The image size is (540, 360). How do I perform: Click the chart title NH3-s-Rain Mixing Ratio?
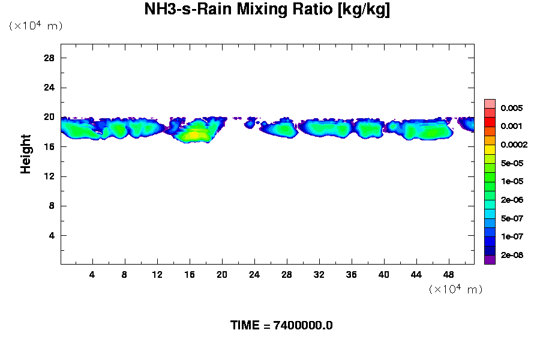coord(267,10)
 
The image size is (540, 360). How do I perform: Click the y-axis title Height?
coord(26,154)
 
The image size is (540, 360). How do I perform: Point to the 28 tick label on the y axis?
coord(49,58)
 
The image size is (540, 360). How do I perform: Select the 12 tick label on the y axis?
coord(49,176)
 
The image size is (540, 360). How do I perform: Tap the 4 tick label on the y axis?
coord(52,236)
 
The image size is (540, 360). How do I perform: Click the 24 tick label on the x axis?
coord(254,274)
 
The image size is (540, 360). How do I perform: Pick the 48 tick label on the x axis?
coord(449,274)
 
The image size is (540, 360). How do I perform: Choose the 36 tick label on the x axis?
coord(352,274)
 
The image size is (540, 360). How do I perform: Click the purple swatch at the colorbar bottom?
coord(490,260)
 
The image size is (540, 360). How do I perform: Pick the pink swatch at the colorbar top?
coord(490,103)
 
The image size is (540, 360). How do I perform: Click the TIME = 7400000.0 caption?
coord(281,326)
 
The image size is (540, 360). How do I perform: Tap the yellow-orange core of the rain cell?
coord(193,135)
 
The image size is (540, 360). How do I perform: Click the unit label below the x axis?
coord(455,290)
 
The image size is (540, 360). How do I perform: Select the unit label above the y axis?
coord(35,26)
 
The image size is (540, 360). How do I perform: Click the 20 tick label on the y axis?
coord(49,117)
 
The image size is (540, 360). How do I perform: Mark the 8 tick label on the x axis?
coord(125,274)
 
